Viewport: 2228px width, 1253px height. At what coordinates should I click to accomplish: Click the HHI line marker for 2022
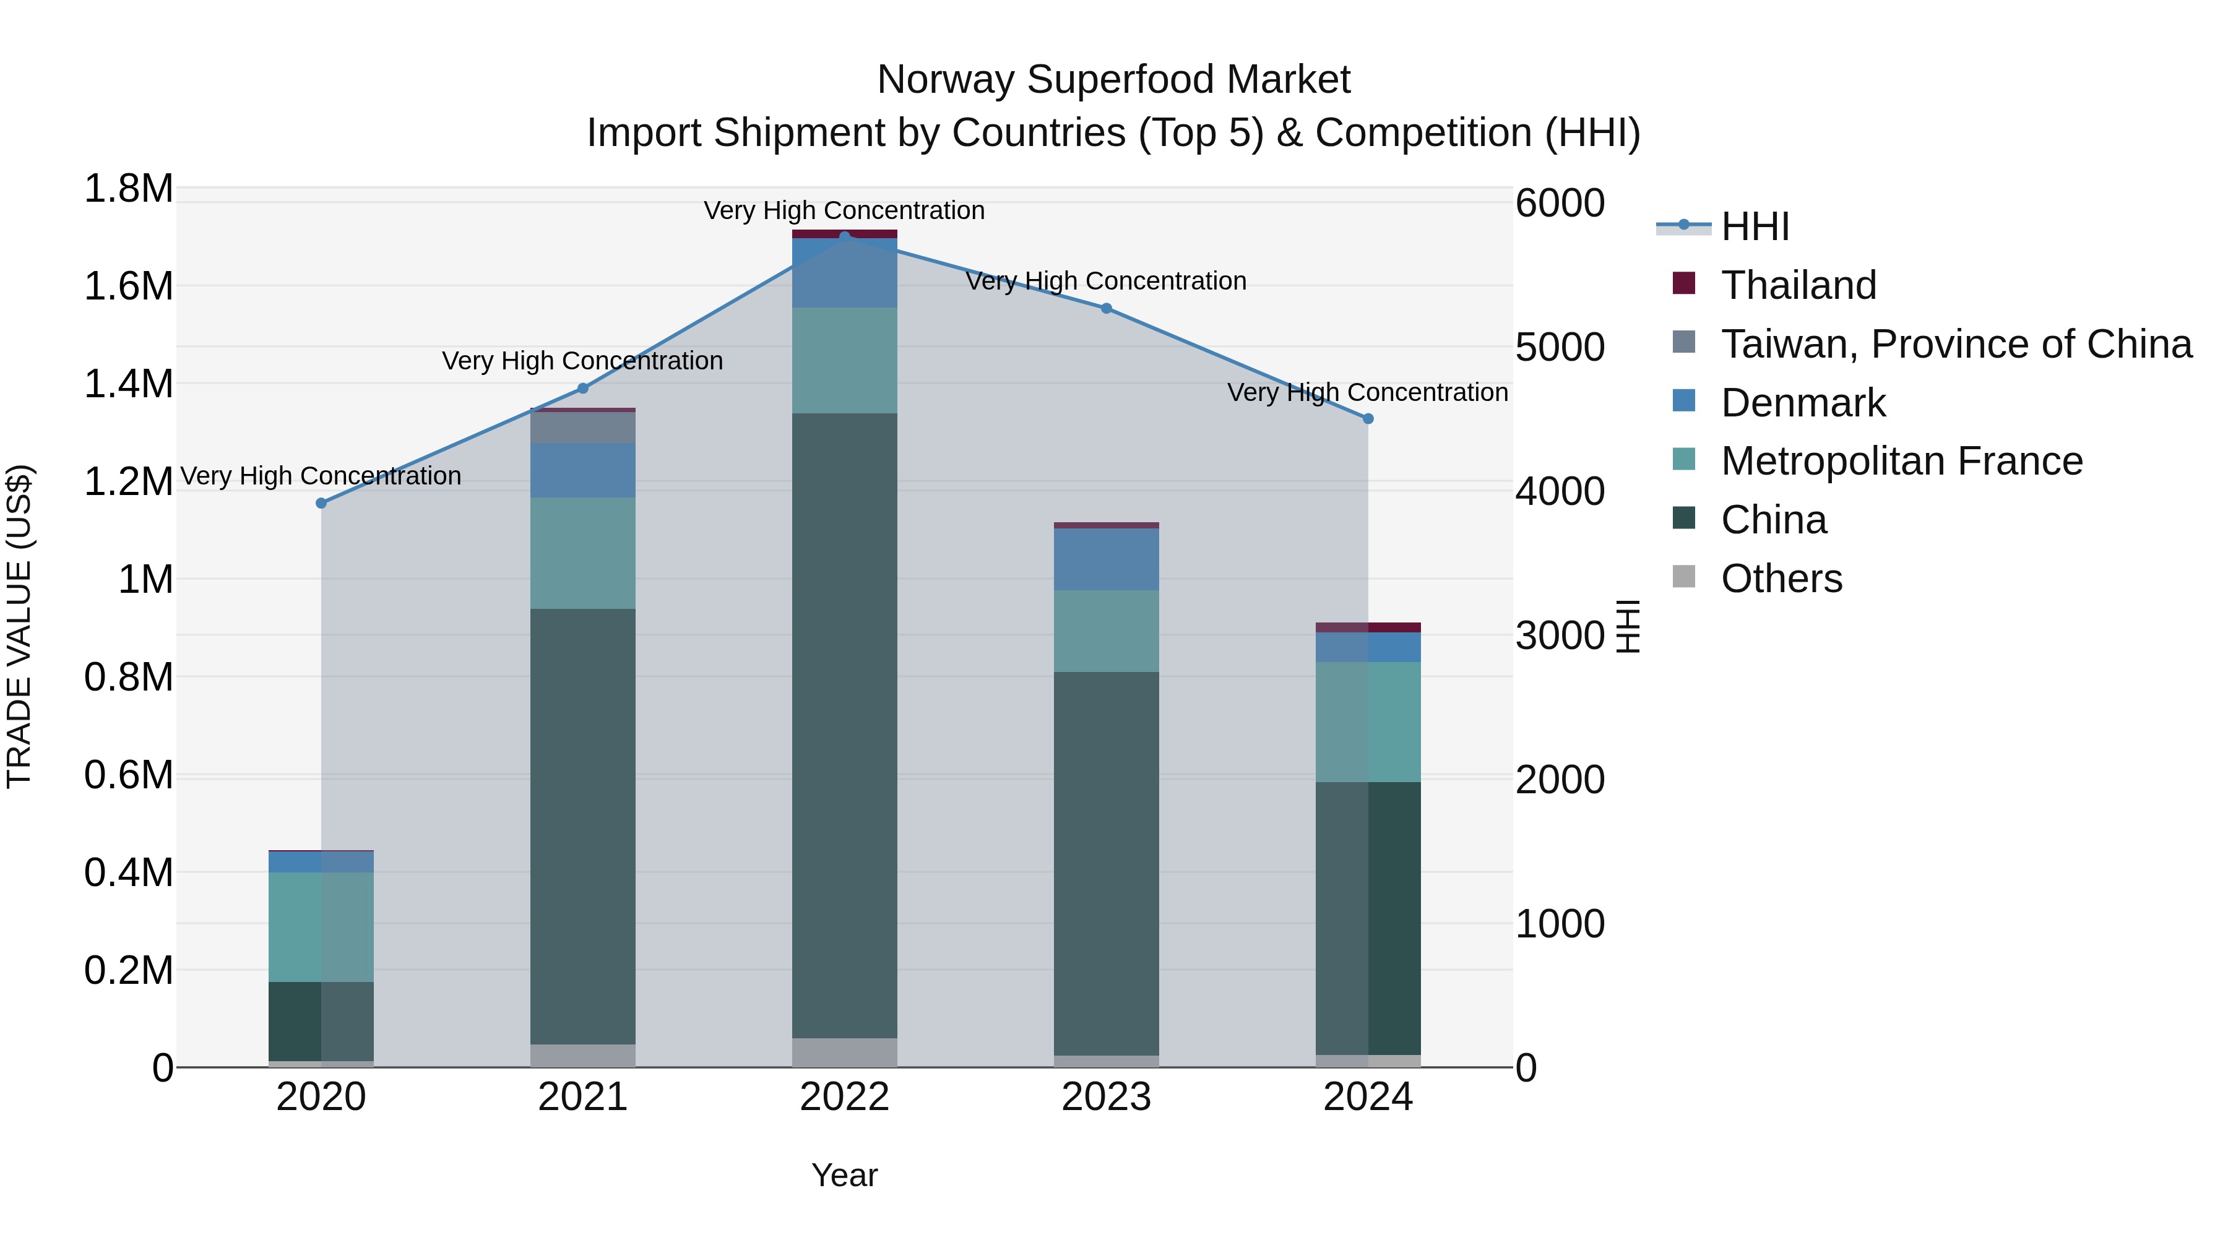844,236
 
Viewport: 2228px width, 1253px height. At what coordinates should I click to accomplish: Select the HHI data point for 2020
321,503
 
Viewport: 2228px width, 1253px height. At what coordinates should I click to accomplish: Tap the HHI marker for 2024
1367,418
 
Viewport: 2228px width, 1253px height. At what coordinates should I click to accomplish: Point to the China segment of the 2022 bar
844,726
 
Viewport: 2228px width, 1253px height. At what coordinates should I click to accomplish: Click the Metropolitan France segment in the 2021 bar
582,553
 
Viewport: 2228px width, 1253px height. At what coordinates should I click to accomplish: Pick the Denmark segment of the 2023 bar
1105,559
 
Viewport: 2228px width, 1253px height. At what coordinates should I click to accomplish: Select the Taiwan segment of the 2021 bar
582,427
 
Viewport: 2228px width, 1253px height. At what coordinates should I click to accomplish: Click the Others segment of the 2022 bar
844,1053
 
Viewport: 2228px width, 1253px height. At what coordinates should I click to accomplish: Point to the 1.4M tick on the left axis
128,384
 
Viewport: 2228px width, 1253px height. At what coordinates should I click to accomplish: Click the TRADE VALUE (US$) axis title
19,626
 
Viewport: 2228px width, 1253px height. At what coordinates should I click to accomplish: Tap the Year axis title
844,1175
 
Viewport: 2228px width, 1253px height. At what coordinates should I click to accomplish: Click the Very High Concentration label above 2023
1105,281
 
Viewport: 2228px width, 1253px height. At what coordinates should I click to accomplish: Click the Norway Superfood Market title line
1113,80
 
